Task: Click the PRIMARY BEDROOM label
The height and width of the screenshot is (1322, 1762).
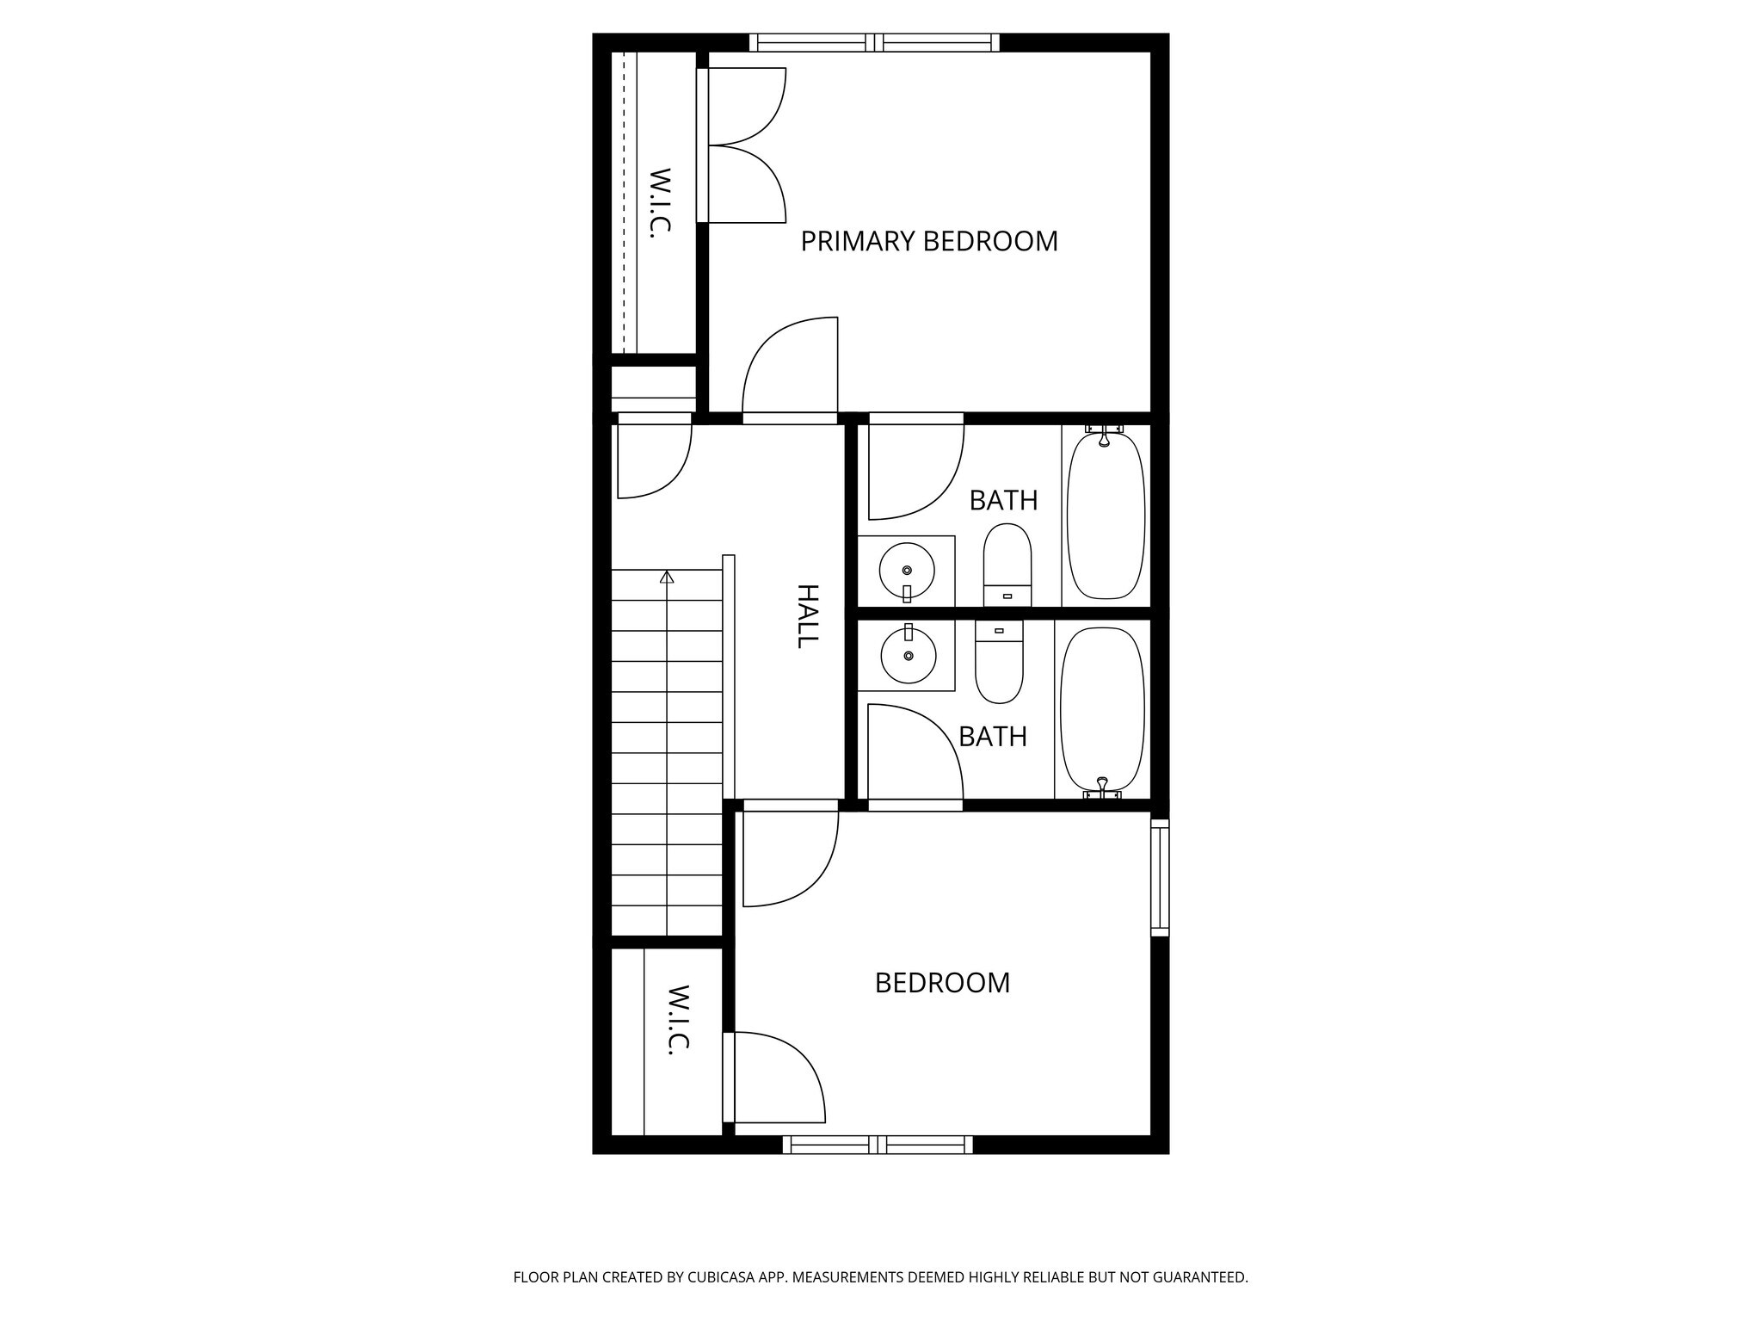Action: pos(929,241)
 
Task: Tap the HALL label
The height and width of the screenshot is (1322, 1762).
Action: pos(807,616)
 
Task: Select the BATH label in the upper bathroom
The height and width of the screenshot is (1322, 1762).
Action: pos(1003,500)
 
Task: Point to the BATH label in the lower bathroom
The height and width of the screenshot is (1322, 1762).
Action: pos(993,737)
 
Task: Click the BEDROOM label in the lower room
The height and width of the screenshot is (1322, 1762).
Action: pos(942,983)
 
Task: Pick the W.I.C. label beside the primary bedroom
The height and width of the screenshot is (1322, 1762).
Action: pos(659,202)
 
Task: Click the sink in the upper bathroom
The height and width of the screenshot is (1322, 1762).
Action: pos(907,571)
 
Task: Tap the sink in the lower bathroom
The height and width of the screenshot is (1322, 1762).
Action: pos(908,655)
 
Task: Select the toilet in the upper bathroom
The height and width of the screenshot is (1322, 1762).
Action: pos(1007,564)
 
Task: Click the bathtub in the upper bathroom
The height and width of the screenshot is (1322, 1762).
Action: pos(1106,516)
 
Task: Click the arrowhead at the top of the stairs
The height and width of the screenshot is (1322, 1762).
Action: pos(667,577)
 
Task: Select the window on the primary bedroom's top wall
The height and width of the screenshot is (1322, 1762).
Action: pos(874,42)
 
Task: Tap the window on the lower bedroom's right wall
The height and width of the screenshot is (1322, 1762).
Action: pos(1160,878)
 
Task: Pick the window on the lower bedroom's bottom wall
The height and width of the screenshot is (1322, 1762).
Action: pos(878,1145)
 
